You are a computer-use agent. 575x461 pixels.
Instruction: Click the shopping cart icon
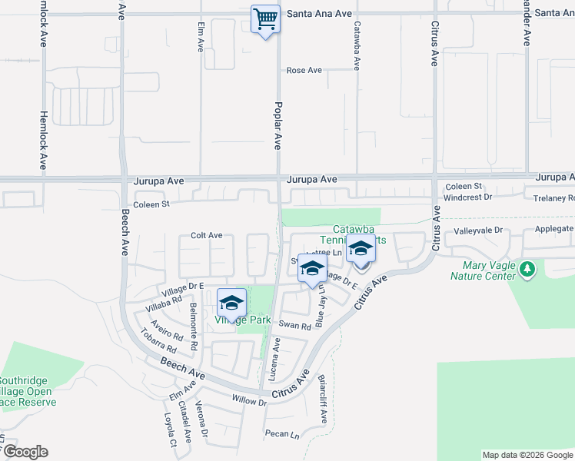[265, 18]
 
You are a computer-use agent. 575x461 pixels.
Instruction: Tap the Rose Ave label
[304, 71]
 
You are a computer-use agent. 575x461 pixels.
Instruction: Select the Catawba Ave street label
[357, 45]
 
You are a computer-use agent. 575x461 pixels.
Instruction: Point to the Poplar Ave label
[278, 125]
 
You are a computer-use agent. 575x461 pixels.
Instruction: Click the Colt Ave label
[206, 236]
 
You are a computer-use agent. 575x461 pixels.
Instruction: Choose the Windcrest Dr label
[467, 197]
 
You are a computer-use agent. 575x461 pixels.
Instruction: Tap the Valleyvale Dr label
[477, 230]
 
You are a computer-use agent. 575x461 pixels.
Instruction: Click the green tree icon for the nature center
[527, 269]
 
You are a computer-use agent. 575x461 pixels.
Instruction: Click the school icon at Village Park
[231, 301]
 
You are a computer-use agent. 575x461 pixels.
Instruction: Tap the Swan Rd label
[294, 326]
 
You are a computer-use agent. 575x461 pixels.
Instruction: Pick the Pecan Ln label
[282, 434]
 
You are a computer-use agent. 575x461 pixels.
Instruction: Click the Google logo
[25, 452]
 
